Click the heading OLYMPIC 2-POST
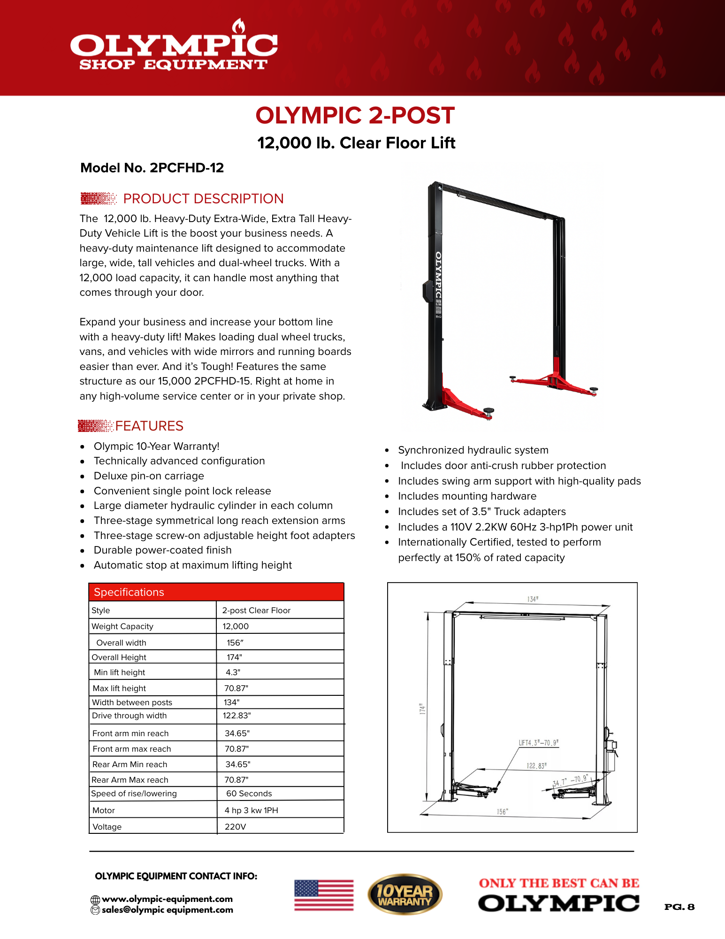coord(355,115)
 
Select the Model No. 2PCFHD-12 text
coord(152,168)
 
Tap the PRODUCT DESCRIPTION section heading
coord(203,199)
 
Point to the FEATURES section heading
coord(149,426)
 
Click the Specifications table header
coord(129,592)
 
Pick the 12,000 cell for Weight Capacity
coord(236,626)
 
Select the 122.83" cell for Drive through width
coord(237,716)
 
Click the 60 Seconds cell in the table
coord(249,793)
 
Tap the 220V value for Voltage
coord(235,827)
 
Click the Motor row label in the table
coord(104,810)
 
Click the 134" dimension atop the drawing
coord(533,599)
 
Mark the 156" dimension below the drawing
coord(502,812)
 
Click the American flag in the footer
coord(324,895)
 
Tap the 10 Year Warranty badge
coord(404,894)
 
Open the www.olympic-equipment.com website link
coord(167,899)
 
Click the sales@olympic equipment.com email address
coord(167,910)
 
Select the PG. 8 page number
coord(679,907)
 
